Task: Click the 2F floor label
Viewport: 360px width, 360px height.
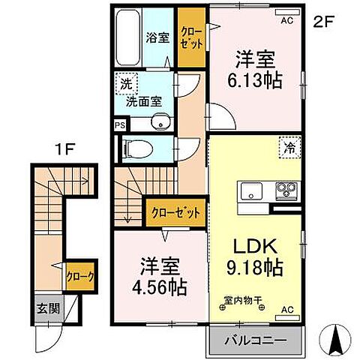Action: click(322, 22)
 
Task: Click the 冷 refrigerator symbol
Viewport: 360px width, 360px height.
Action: click(288, 148)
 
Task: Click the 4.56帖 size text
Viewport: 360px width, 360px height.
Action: click(157, 286)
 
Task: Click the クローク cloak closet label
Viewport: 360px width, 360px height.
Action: click(79, 276)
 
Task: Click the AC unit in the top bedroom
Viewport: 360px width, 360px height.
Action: click(286, 22)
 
